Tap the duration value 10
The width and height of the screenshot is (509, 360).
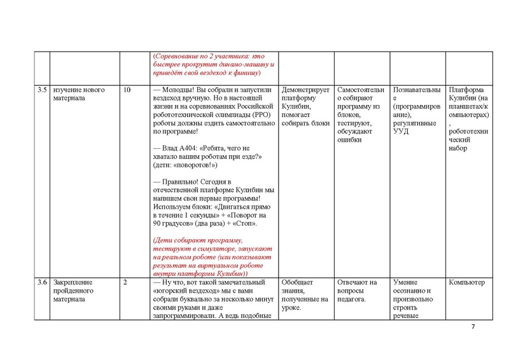tap(127, 90)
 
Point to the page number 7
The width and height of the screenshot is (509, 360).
tap(473, 327)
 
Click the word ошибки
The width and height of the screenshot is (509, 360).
tap(349, 140)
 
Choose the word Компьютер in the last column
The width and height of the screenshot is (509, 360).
tap(466, 282)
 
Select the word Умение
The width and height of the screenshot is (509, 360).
tap(407, 282)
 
